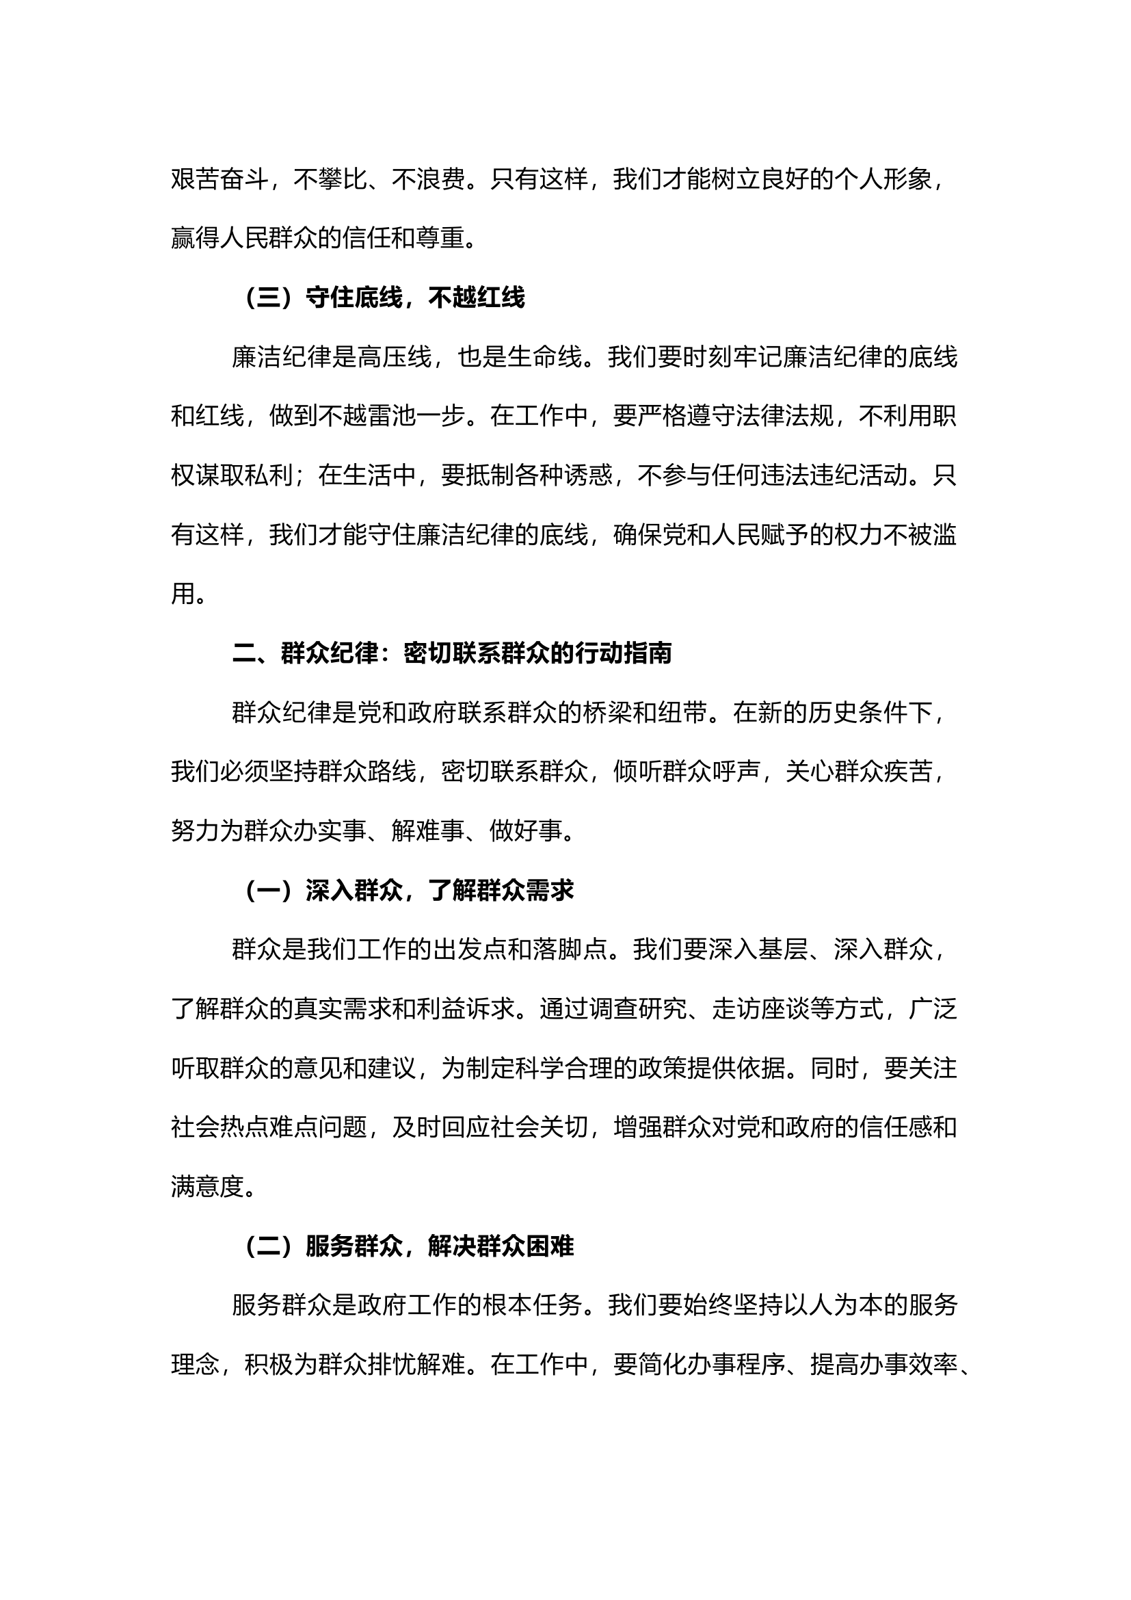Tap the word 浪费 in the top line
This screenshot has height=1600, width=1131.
click(441, 180)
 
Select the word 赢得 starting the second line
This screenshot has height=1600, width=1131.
click(195, 238)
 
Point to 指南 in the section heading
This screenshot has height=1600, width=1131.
click(648, 654)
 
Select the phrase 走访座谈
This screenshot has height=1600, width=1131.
click(761, 1009)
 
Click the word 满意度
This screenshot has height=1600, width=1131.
click(208, 1187)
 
